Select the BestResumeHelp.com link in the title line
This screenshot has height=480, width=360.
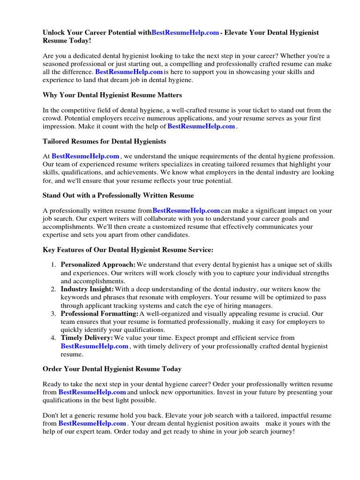[186, 33]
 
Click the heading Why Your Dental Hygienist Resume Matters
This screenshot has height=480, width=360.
[112, 95]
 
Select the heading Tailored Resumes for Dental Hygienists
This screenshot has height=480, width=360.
[105, 141]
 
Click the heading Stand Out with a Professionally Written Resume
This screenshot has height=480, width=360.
[118, 195]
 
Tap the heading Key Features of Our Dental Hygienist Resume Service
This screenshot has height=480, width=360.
[128, 250]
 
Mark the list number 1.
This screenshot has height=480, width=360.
[54, 265]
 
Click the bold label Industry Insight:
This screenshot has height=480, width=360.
[87, 289]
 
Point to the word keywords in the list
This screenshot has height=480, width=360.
[75, 297]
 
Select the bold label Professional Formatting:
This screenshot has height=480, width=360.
[99, 314]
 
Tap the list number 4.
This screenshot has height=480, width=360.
[54, 338]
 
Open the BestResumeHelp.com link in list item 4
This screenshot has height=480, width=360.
[95, 346]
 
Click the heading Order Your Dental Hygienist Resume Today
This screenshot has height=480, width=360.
[112, 369]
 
